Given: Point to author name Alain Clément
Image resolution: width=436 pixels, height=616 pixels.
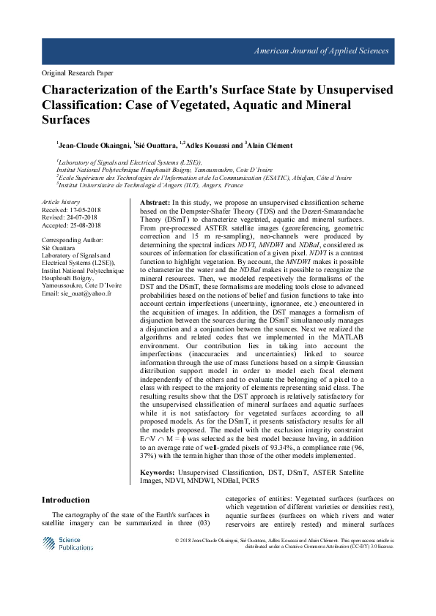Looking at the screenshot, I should coord(273,145).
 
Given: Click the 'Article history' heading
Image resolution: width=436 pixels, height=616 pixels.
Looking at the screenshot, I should coord(61,200).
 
